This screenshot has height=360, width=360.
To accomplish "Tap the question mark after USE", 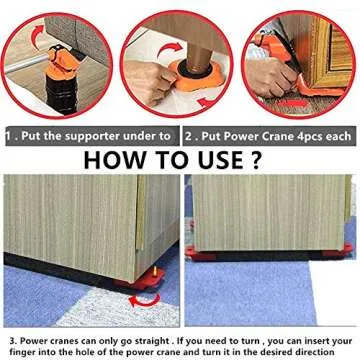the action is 254,160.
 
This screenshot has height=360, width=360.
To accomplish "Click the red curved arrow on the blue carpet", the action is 144,300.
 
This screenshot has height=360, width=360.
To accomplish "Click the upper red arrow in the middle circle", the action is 170,49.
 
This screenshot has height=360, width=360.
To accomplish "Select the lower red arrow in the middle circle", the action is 207,101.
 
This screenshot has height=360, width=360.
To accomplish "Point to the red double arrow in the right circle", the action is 293,104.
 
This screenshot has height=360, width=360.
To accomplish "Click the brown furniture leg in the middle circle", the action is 199,57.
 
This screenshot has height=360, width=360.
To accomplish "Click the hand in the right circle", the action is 271,77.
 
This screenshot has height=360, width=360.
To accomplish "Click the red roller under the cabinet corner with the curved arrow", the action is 142,279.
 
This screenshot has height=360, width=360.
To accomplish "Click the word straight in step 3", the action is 151,341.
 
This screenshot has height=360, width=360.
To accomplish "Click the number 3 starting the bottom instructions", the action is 13,341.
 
